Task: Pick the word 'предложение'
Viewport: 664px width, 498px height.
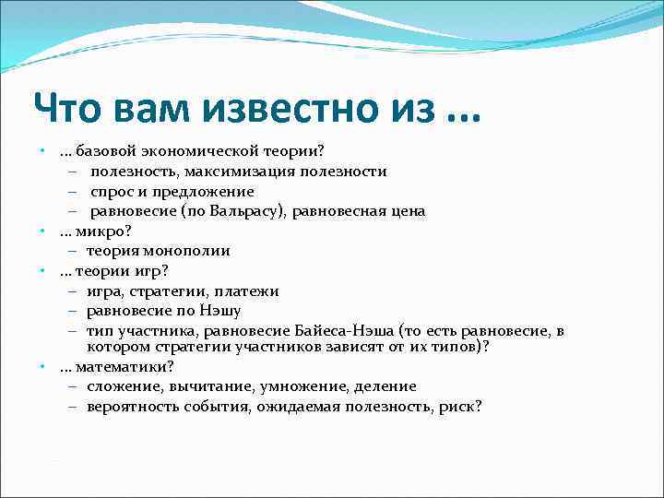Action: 206,192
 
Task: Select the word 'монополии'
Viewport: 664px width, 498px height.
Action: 189,251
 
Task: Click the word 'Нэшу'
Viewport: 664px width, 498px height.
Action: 221,311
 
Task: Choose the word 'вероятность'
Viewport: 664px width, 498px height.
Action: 131,407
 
